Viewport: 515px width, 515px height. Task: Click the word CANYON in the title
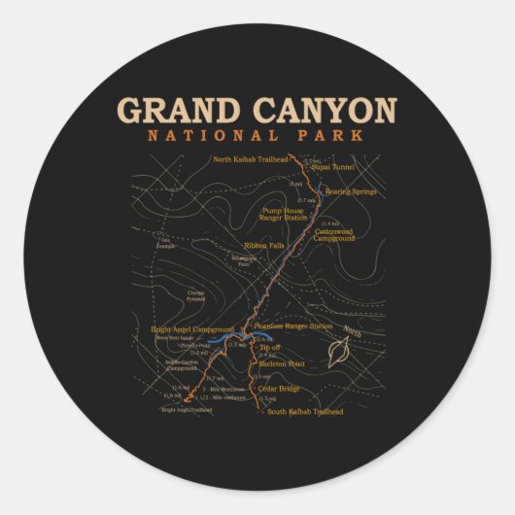click(x=323, y=110)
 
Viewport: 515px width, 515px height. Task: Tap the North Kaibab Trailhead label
click(x=251, y=158)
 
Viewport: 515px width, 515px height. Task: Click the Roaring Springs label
click(x=351, y=191)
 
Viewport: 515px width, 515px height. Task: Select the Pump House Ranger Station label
click(x=283, y=214)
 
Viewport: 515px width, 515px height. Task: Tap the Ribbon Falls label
click(x=262, y=245)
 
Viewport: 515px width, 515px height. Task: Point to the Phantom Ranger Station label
click(x=293, y=326)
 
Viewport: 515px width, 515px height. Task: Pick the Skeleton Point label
click(x=282, y=363)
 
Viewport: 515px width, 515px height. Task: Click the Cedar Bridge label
click(x=279, y=389)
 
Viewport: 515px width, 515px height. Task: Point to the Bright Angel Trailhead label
click(x=187, y=409)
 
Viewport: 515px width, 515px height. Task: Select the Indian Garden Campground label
click(x=182, y=365)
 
